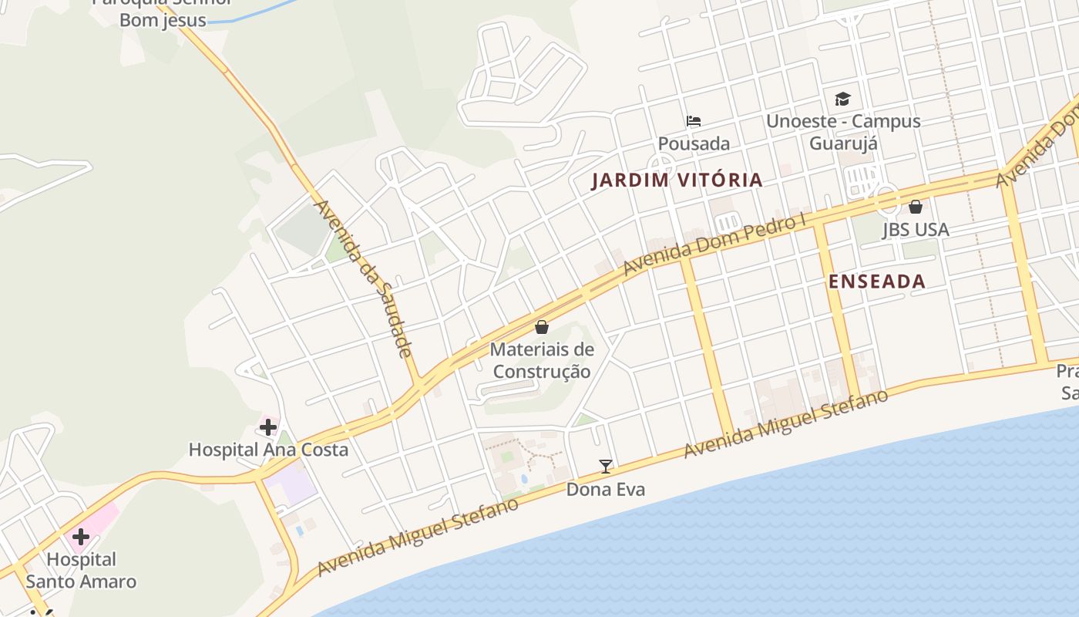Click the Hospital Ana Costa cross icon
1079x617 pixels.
(268, 427)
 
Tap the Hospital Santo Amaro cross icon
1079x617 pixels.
(80, 537)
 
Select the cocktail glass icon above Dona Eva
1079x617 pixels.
(606, 466)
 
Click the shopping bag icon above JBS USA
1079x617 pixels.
(916, 207)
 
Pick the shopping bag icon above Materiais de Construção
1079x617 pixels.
(542, 327)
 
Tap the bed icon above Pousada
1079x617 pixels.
(694, 121)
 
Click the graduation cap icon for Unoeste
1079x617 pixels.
(842, 99)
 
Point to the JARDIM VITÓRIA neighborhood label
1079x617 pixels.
(677, 180)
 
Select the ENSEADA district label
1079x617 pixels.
(877, 282)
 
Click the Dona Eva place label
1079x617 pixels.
(606, 490)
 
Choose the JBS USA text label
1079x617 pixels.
(916, 230)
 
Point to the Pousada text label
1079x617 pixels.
(694, 143)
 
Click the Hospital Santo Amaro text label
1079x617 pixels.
(81, 571)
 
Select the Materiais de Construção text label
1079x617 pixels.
(542, 360)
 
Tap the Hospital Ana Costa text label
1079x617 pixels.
(268, 450)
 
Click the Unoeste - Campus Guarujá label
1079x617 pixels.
(842, 132)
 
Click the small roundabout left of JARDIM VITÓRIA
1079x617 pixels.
(661, 164)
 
